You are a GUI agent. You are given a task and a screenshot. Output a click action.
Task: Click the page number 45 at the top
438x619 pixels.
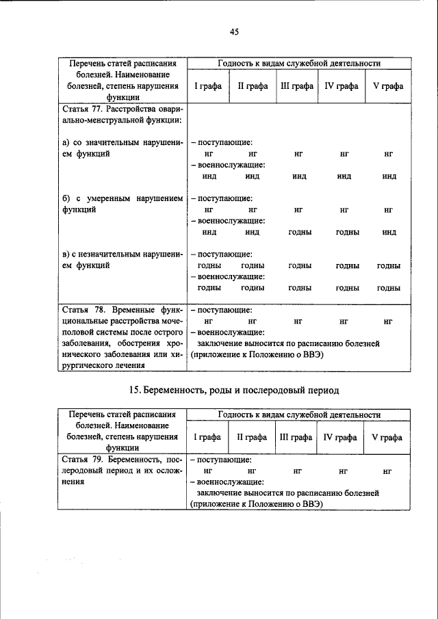coord(233,31)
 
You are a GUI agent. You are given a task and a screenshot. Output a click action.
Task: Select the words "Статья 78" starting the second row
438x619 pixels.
coord(81,309)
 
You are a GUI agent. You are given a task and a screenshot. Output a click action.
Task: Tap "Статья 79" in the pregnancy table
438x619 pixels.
coord(81,460)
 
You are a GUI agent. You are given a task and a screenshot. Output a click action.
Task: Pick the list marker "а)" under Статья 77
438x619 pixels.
coord(66,142)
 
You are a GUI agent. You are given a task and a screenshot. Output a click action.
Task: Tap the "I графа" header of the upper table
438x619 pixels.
coord(207,86)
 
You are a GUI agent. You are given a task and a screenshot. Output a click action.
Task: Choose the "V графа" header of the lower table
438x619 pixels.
coord(387,437)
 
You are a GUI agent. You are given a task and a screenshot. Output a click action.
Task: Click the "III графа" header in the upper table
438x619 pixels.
coord(297,86)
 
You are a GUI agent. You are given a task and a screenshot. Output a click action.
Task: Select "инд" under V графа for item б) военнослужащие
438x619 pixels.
coord(389,233)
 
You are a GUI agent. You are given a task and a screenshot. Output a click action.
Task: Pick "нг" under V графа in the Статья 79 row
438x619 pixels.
coord(387,471)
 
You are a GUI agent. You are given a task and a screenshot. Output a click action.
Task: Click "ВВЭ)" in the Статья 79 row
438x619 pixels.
coord(311,504)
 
